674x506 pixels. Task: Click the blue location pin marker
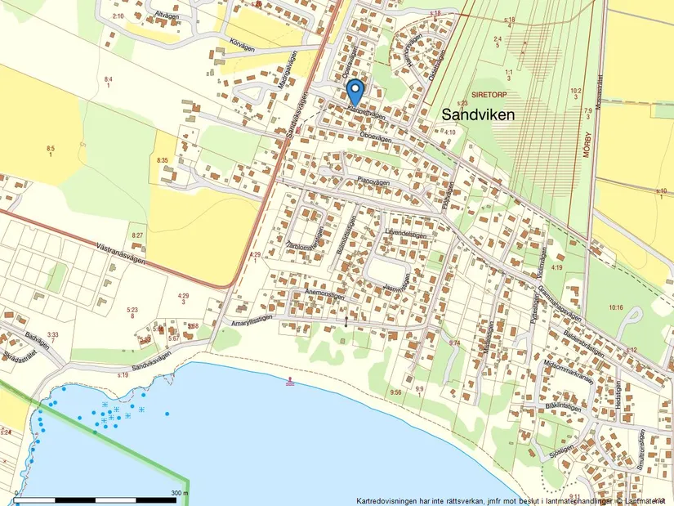pos(355,90)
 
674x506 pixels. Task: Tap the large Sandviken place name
pos(478,115)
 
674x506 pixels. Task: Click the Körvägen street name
pos(243,46)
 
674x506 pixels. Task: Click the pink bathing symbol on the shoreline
pos(290,380)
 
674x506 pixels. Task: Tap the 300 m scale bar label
pos(179,493)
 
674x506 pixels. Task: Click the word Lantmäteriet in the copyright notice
pos(643,500)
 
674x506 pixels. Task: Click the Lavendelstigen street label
pos(406,232)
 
